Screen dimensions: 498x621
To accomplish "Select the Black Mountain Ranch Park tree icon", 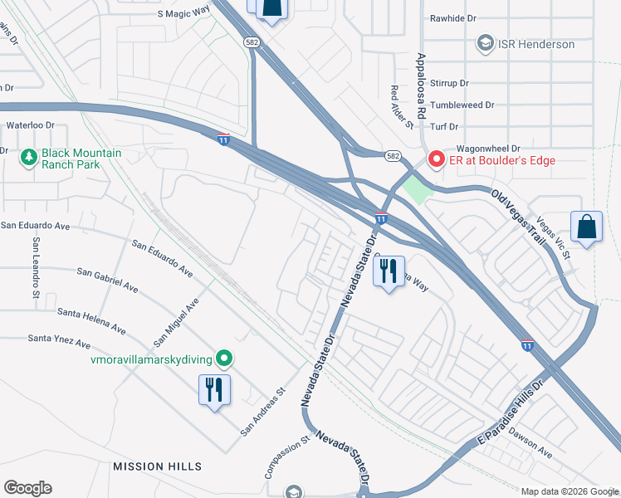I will tap(29, 157).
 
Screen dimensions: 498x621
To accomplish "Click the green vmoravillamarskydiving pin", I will tap(223, 359).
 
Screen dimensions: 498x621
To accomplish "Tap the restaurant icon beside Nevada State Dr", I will tap(388, 271).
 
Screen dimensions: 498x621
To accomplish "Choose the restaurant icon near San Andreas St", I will tap(213, 388).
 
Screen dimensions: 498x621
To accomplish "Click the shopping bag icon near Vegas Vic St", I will tap(586, 227).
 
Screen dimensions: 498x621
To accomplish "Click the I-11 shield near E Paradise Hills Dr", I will tap(527, 343).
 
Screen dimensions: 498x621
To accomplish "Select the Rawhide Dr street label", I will tap(456, 17).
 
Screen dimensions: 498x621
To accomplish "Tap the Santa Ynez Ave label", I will tap(59, 339).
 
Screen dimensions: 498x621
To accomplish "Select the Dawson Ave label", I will tap(531, 442).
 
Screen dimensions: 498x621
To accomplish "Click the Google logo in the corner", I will tap(27, 488).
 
